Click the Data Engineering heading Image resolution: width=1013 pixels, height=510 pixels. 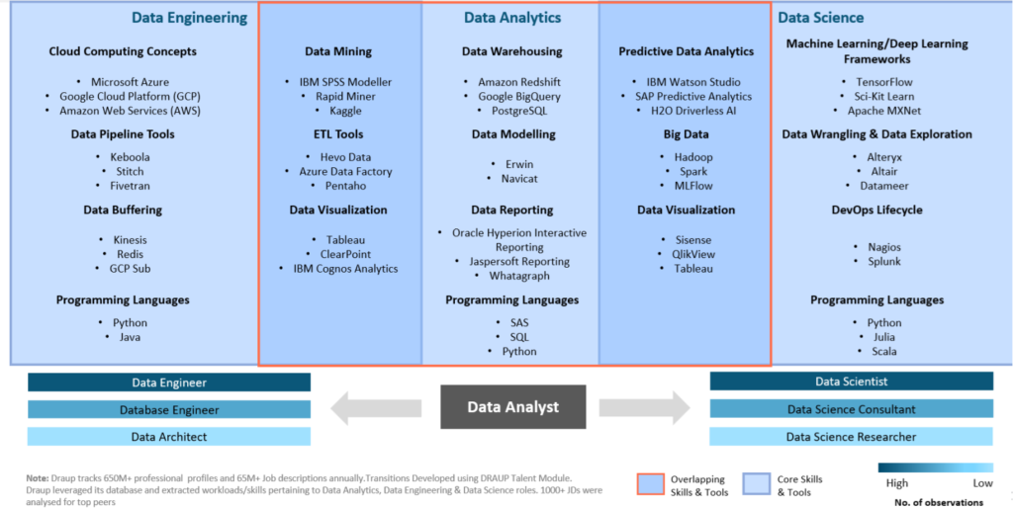coord(189,18)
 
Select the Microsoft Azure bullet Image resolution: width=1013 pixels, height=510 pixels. coord(130,82)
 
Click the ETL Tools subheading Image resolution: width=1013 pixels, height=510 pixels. coord(338,133)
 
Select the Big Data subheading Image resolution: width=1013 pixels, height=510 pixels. coord(686,133)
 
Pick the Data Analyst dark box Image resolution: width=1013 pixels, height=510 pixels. coord(512,406)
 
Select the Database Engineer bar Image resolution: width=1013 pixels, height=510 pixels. coord(169,409)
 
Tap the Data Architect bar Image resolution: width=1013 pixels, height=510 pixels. coord(169,436)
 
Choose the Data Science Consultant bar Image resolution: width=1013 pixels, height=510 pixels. coord(851,409)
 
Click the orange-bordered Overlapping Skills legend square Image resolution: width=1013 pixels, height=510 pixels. coord(650,483)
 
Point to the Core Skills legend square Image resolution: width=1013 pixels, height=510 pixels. coord(756,483)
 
